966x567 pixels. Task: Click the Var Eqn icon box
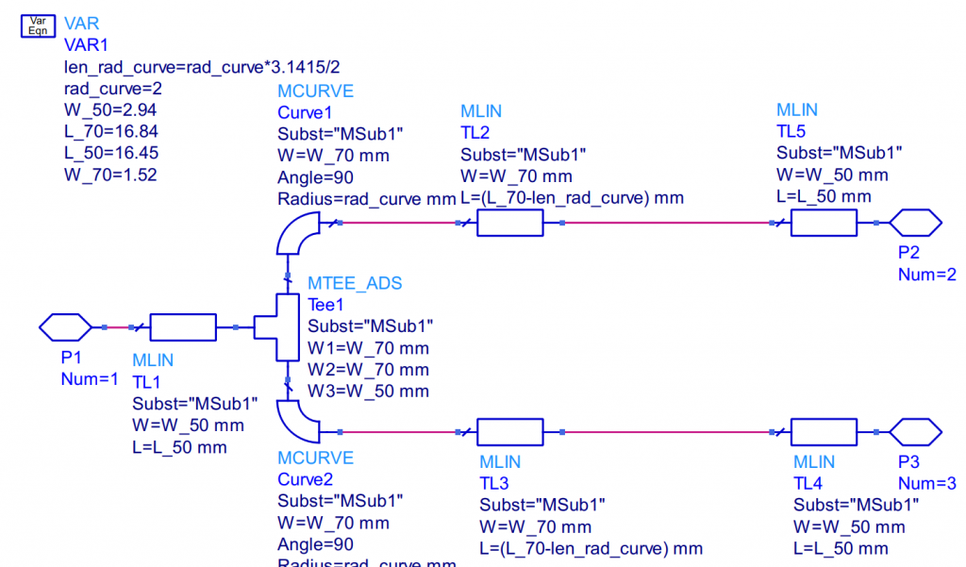(x=38, y=25)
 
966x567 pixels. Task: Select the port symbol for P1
(x=64, y=327)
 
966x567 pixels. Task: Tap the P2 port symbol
(x=915, y=223)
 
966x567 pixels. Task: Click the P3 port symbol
(x=915, y=432)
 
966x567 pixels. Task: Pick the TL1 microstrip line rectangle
(x=183, y=327)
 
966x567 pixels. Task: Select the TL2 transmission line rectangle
(x=509, y=223)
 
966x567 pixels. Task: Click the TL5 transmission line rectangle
(x=823, y=223)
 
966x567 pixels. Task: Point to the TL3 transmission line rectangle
(x=509, y=432)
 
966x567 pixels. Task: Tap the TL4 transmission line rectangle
(x=823, y=432)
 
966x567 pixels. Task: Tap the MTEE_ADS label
(x=356, y=283)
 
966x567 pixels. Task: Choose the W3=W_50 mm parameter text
(x=369, y=391)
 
